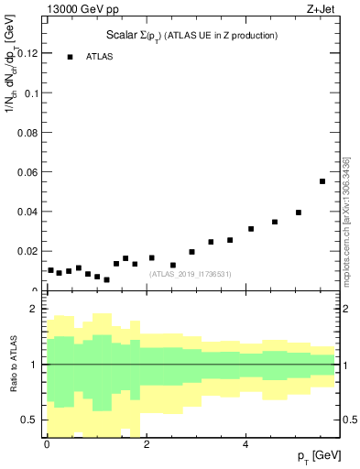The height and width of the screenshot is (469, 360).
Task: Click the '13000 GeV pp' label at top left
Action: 83,10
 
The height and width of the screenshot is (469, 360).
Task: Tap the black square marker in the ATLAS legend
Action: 70,57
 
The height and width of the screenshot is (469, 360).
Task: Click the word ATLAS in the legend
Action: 100,57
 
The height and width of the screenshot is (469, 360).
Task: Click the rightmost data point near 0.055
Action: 322,181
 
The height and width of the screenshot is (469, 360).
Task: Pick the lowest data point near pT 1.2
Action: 106,279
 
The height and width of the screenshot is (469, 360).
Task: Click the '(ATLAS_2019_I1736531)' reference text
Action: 191,274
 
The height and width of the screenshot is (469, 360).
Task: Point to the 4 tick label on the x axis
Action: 245,444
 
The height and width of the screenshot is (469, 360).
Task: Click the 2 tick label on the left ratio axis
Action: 34,309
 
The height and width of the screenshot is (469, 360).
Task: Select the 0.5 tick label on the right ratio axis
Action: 350,420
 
